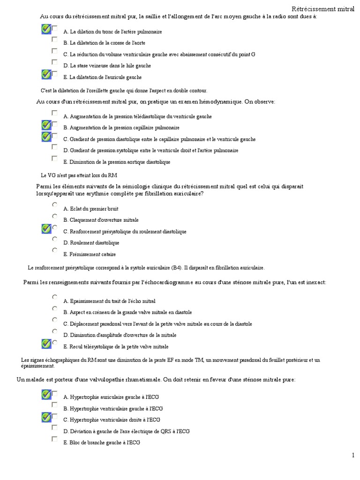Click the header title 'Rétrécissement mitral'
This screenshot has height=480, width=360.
323,9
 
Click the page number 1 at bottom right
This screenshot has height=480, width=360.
353,455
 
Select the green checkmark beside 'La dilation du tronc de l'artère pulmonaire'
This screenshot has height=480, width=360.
46,30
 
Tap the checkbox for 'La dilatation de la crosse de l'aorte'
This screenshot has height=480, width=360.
54,40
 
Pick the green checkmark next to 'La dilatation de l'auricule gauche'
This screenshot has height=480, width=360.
46,75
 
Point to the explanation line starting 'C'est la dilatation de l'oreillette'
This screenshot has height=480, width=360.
124,90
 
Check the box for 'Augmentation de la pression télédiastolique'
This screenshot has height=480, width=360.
54,113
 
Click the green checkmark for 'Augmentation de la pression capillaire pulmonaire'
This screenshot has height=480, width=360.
46,125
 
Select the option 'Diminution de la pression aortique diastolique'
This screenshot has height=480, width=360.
117,162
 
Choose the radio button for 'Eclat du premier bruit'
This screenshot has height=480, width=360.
54,205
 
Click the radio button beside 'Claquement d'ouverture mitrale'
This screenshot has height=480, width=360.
54,217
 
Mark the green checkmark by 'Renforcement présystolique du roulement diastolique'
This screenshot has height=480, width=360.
46,229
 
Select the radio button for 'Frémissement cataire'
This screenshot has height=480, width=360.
54,251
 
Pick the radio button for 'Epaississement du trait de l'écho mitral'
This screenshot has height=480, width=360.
54,297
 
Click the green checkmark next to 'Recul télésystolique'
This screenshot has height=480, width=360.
46,344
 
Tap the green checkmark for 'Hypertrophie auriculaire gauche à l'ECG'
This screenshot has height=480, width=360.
46,394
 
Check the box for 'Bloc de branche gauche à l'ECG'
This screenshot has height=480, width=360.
54,440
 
